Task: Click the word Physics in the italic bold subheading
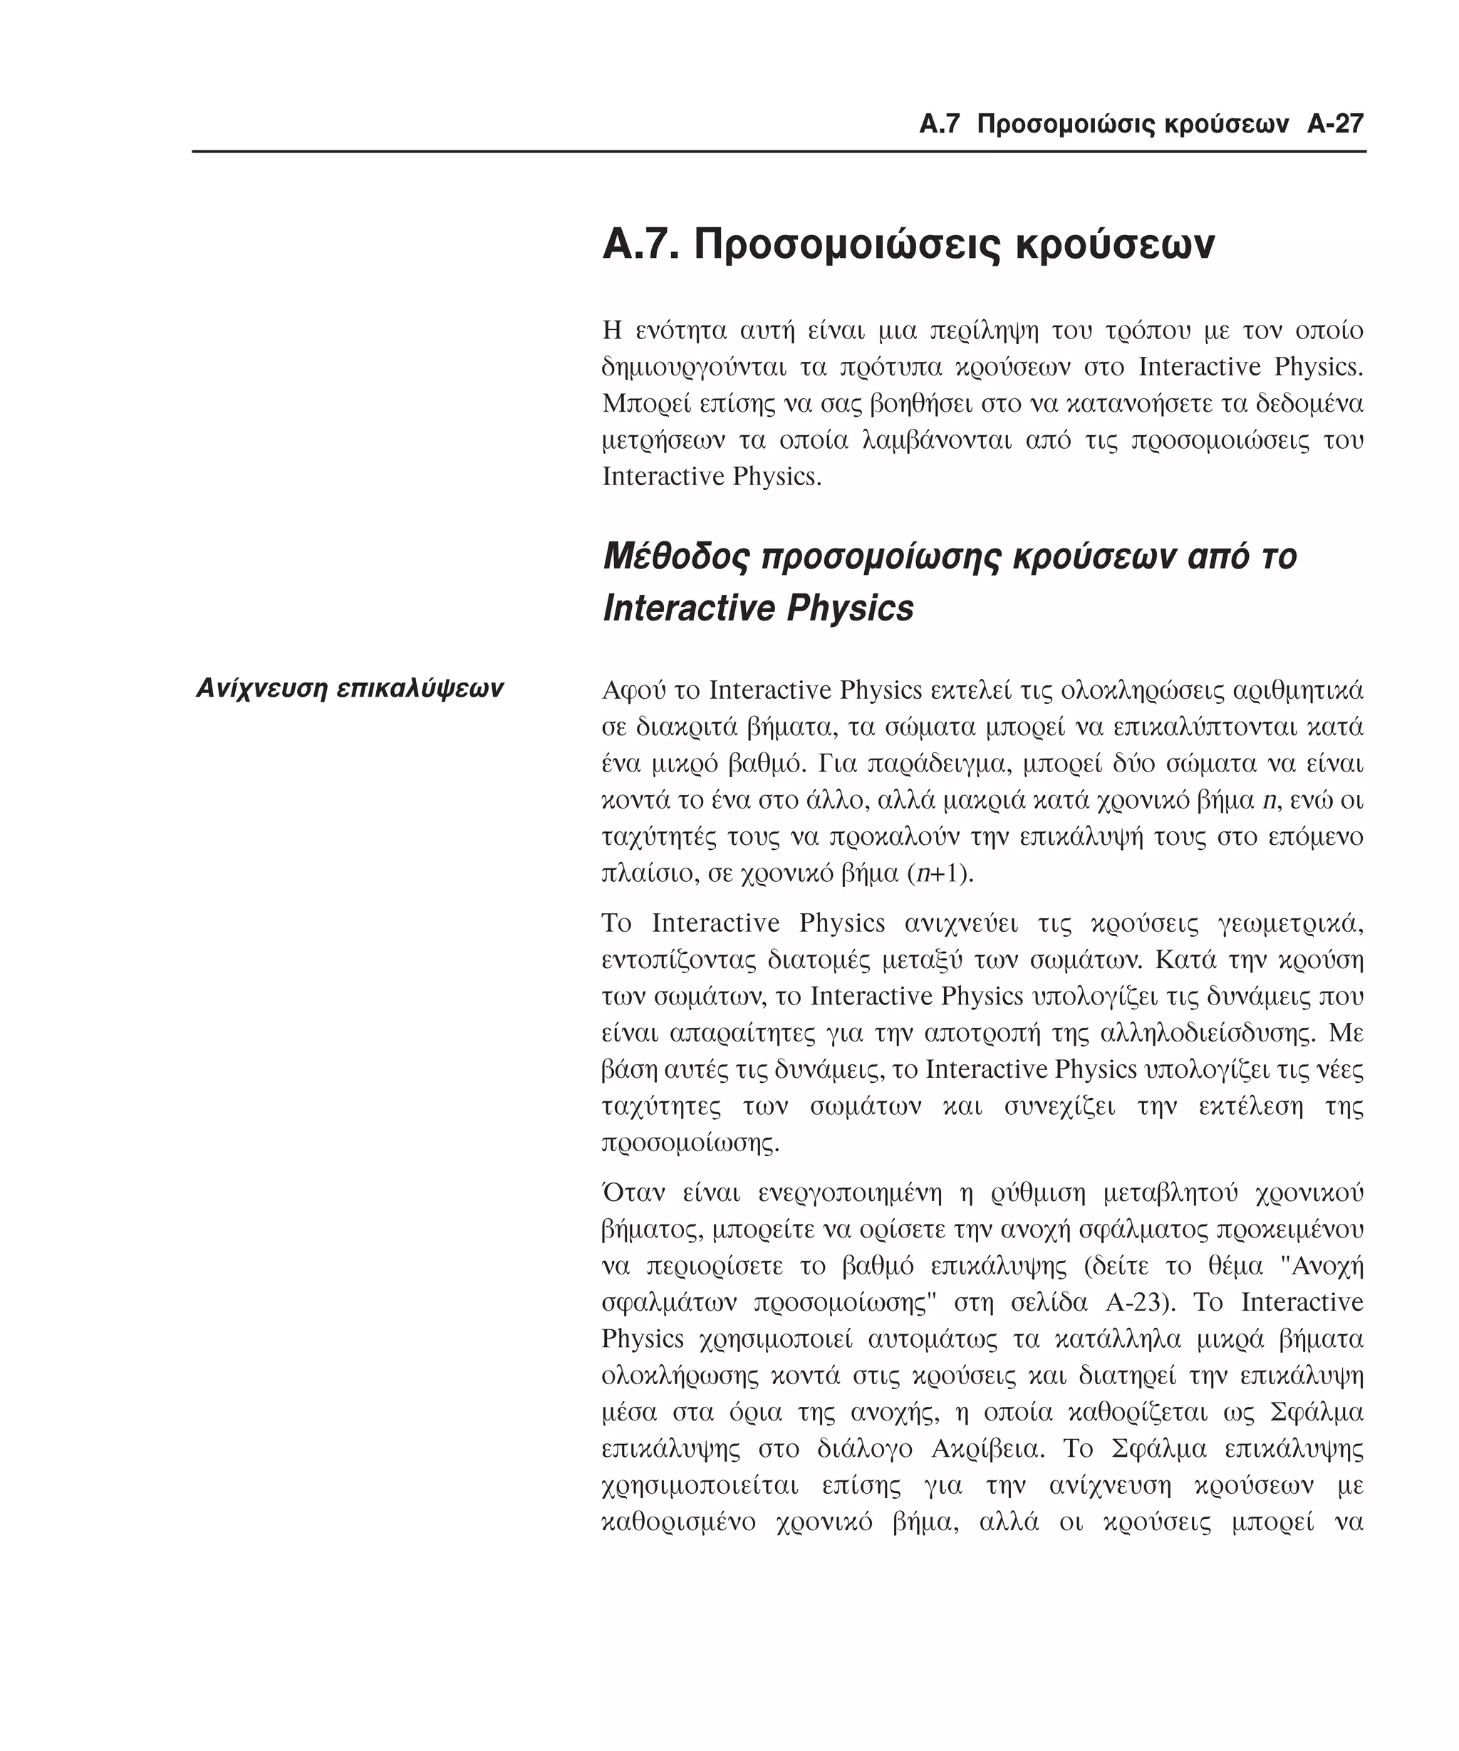pos(850,608)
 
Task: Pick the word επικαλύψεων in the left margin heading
pos(420,689)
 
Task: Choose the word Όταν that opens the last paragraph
pos(631,1193)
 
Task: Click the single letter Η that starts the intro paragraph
pos(612,331)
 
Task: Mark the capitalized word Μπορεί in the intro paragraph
pos(638,404)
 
